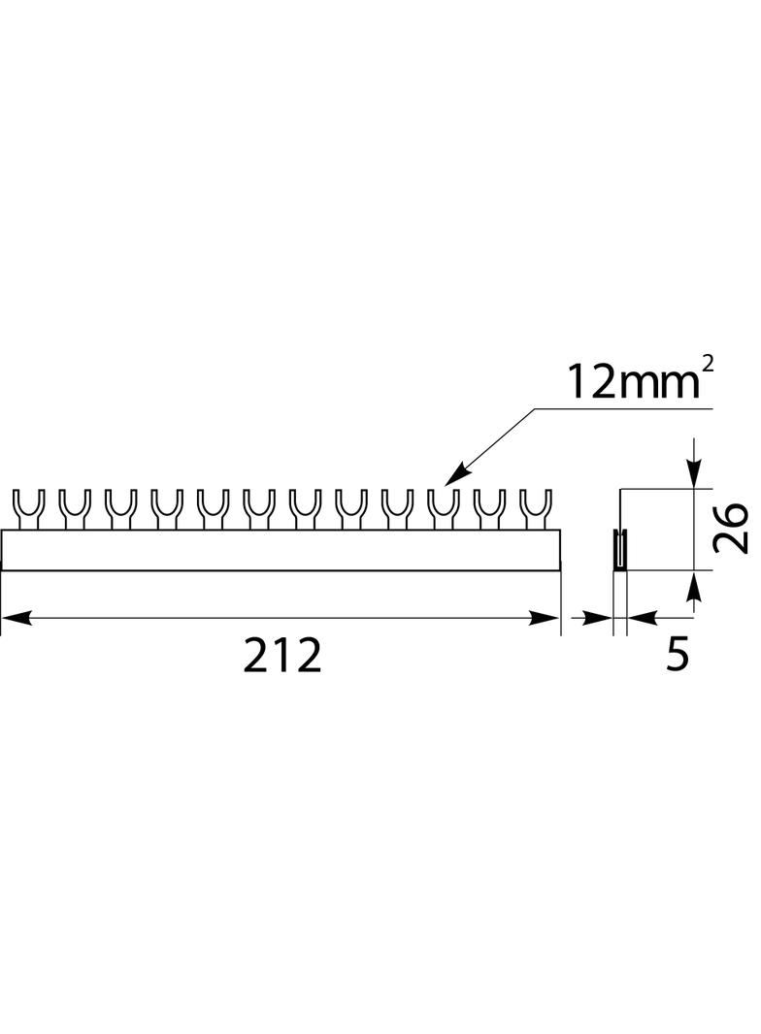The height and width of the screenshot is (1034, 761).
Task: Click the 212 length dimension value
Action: coord(282,656)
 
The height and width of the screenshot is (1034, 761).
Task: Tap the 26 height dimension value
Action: coord(731,529)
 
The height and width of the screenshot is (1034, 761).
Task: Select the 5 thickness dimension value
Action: coord(678,656)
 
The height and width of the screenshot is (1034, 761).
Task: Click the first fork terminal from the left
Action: coord(26,509)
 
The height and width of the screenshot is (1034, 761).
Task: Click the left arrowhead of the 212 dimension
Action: coord(17,617)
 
